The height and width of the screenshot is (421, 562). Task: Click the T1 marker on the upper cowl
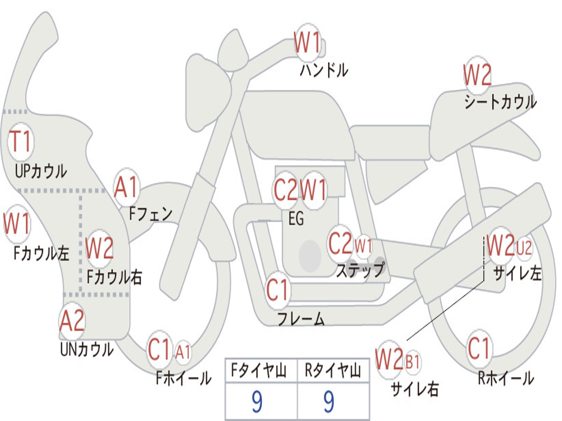(x=20, y=141)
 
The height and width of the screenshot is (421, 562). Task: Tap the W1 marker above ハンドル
(x=307, y=42)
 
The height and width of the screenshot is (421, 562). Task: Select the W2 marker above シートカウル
(x=477, y=75)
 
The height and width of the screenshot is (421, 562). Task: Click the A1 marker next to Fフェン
(x=126, y=187)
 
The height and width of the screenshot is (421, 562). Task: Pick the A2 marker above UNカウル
(x=72, y=321)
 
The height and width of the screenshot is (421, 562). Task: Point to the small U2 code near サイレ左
(x=524, y=248)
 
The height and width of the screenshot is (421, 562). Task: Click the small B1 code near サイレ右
(x=413, y=362)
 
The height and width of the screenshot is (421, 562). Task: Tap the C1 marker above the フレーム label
(x=278, y=289)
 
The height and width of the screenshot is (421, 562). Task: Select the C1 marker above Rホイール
(x=479, y=348)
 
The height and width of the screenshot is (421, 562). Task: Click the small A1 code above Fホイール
(x=183, y=352)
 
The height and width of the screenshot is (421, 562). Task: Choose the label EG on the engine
(x=296, y=218)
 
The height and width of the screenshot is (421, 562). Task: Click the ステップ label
(x=360, y=270)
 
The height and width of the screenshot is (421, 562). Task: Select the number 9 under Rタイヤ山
(x=329, y=401)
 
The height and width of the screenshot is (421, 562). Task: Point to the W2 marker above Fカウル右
(x=99, y=248)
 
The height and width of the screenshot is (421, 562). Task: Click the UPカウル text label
(x=41, y=171)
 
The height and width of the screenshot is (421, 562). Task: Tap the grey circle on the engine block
(x=310, y=255)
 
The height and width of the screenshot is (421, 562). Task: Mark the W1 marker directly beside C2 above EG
(x=313, y=190)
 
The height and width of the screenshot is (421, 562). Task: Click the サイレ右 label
(x=415, y=389)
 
